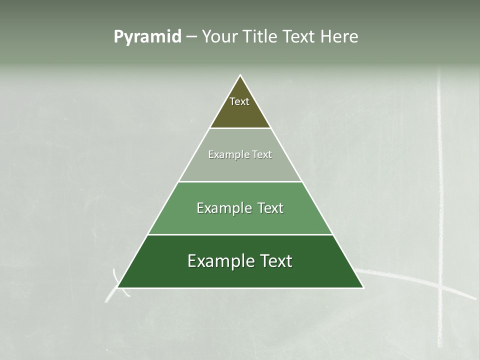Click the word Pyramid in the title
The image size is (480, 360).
click(x=147, y=37)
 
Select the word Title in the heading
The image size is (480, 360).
click(x=260, y=37)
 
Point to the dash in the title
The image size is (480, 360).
click(x=191, y=37)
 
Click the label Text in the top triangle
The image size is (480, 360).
click(x=239, y=101)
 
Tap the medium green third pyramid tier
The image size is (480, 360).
click(x=240, y=222)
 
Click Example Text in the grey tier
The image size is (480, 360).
click(x=240, y=154)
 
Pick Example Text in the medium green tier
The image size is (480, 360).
click(x=240, y=208)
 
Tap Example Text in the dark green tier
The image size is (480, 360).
click(x=240, y=261)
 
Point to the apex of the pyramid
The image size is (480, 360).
click(x=240, y=76)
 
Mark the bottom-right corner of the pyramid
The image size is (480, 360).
click(x=363, y=287)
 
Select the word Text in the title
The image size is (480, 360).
click(x=299, y=37)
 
